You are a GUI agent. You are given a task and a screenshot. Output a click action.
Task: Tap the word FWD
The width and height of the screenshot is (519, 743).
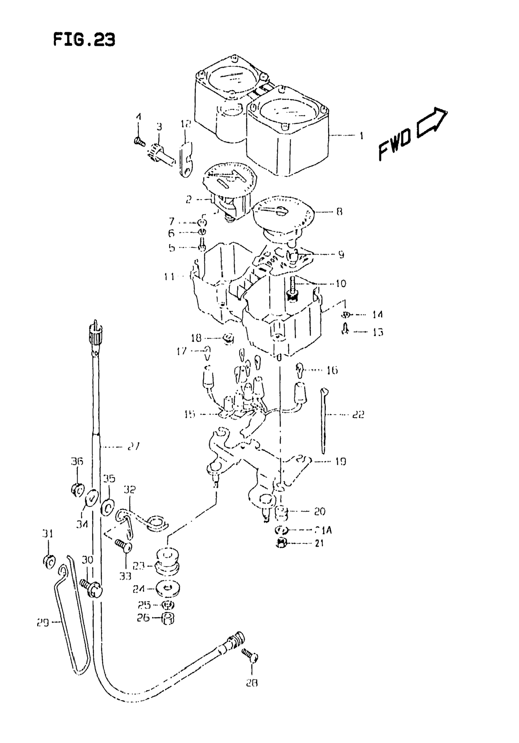394,145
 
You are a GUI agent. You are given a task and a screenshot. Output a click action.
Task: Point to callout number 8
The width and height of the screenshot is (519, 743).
339,212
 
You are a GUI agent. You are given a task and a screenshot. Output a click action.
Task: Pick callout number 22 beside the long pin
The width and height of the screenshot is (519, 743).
358,414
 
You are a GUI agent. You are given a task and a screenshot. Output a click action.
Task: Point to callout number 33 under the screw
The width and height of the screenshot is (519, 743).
125,576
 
